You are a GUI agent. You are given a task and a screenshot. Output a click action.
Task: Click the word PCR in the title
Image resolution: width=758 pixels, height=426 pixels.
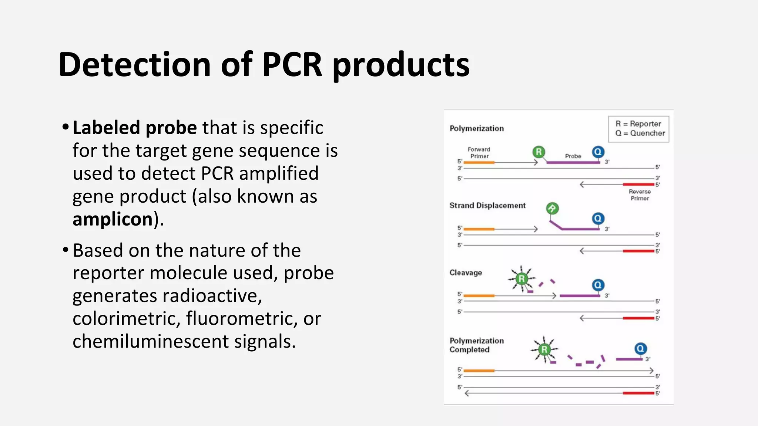[x=292, y=65]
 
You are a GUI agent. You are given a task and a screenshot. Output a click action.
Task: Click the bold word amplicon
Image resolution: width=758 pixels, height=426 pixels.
[x=113, y=219]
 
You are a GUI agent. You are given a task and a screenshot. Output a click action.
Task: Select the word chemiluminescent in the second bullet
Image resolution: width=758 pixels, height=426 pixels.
[x=150, y=341]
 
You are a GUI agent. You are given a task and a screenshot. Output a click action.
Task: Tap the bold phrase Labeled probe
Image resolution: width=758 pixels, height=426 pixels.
[x=135, y=128]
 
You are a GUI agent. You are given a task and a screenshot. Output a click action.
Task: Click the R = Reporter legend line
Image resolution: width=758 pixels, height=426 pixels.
[x=638, y=124]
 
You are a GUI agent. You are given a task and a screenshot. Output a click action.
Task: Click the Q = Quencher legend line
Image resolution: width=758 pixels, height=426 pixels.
[x=640, y=133]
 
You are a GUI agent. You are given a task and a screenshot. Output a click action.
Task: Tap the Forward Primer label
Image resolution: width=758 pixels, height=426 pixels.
[x=479, y=153]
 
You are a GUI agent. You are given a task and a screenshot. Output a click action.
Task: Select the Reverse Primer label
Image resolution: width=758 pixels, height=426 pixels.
[x=640, y=195]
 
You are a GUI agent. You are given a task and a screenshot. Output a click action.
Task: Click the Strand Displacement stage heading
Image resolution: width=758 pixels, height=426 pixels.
[x=487, y=206]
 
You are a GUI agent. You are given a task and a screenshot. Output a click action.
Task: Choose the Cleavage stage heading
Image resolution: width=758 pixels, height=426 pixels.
[x=466, y=273]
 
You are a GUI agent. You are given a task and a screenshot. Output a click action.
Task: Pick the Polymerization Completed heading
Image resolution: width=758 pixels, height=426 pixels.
[x=476, y=345]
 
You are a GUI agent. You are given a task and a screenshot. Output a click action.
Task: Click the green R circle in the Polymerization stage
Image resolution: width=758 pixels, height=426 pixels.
[x=539, y=152]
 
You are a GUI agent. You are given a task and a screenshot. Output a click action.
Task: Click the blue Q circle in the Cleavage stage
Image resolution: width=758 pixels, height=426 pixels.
[x=598, y=285]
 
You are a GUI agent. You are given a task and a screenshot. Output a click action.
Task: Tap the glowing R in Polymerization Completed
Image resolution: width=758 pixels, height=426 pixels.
[x=544, y=349]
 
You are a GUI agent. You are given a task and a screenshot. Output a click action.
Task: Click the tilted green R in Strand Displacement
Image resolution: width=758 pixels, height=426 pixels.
[x=552, y=209]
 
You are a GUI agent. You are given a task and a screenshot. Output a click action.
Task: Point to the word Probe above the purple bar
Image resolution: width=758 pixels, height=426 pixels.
[x=573, y=156]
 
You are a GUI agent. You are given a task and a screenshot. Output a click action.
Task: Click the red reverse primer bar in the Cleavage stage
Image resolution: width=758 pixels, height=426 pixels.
[x=638, y=318]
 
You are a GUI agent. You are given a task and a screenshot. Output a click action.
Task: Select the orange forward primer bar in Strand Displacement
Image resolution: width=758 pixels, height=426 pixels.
[x=479, y=229]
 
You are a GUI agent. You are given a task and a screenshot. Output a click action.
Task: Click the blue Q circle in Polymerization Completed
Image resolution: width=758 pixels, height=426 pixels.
[x=640, y=349]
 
